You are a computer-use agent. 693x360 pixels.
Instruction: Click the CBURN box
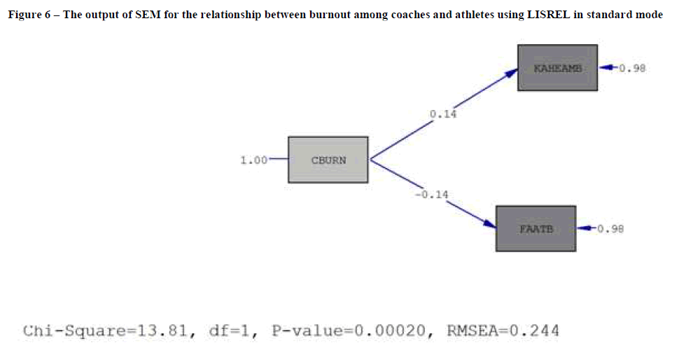328,160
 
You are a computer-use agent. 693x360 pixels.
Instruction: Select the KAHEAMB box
557,67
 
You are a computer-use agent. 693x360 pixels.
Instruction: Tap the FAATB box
535,228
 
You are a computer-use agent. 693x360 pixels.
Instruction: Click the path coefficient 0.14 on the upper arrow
442,113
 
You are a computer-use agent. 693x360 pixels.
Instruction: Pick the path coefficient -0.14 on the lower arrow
431,194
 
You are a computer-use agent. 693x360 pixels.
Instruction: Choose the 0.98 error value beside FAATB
609,228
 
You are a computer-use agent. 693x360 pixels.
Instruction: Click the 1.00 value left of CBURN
253,160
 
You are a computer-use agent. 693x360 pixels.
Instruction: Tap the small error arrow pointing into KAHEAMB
608,68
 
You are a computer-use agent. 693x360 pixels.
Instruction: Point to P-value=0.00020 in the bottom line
346,331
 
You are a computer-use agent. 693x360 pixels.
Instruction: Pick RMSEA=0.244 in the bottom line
503,331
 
